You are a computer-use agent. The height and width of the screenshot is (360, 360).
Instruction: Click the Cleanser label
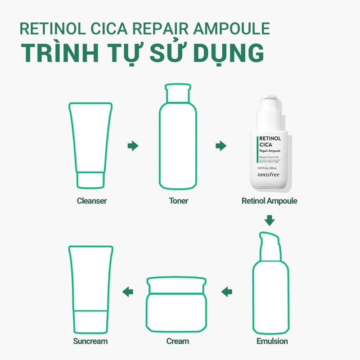(92, 201)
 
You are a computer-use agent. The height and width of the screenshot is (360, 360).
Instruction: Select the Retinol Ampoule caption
(270, 201)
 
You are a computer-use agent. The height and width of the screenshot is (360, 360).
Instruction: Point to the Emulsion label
(269, 341)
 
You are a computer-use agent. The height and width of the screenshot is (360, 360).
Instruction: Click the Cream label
(178, 341)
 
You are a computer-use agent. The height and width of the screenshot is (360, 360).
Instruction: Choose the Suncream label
(90, 341)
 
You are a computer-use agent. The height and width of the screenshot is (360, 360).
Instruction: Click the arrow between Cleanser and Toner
(133, 146)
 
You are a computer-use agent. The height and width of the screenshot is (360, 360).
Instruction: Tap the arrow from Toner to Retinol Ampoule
(220, 146)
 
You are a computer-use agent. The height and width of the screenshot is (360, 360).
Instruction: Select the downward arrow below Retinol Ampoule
(270, 220)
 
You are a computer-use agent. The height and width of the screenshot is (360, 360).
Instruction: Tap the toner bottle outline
(178, 139)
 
